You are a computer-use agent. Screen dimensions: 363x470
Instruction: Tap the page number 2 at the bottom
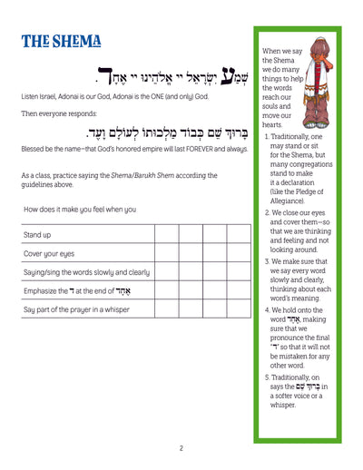[x=181, y=447]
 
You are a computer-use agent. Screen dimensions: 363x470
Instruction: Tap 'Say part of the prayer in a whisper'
[x=81, y=309]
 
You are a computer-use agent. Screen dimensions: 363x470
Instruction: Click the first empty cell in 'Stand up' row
[x=167, y=235]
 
